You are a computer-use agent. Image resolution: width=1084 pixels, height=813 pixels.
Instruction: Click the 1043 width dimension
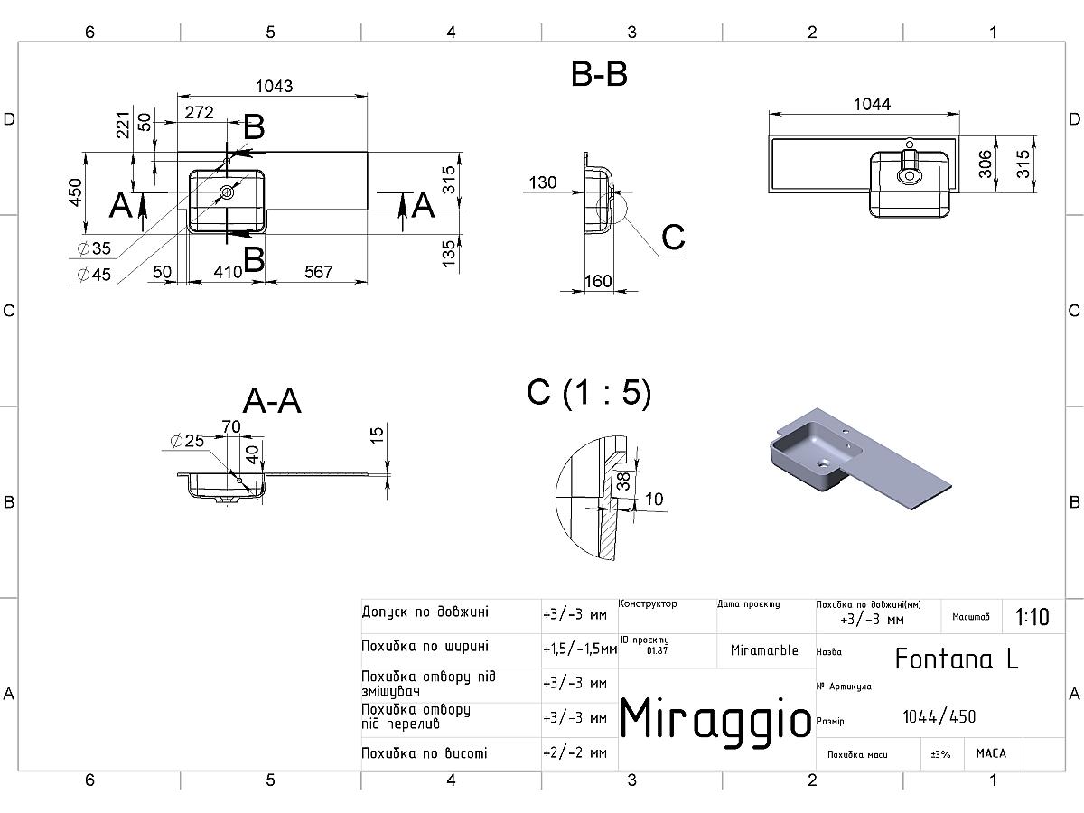[x=274, y=87]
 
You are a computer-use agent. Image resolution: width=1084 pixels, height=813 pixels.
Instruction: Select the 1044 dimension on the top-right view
[x=872, y=104]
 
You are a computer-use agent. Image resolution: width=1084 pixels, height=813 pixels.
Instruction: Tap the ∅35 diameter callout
[x=94, y=248]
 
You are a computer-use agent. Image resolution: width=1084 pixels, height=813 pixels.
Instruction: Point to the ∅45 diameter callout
[x=94, y=275]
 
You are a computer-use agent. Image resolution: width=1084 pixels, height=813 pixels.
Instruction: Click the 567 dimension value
[x=319, y=272]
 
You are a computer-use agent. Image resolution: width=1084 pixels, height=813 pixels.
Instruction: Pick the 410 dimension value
[x=228, y=272]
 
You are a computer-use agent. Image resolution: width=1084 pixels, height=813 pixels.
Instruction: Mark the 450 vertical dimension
[x=75, y=193]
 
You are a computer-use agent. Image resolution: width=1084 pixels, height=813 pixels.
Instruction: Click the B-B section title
[x=599, y=75]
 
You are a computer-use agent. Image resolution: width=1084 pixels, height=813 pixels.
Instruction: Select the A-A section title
[x=272, y=400]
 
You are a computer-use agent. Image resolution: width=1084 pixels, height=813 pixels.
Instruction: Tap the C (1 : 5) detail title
[x=589, y=394]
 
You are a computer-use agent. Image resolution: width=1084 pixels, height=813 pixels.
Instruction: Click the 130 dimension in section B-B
[x=543, y=182]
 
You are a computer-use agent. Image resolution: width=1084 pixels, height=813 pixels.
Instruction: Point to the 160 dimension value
[x=599, y=281]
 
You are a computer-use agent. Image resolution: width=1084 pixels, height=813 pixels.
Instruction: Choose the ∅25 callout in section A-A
[x=187, y=441]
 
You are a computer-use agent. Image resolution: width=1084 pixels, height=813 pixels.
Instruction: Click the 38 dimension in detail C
[x=623, y=481]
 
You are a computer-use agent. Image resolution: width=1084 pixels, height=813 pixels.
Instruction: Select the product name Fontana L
[x=957, y=659]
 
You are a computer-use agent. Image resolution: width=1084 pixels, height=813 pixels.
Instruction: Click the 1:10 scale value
[x=1033, y=617]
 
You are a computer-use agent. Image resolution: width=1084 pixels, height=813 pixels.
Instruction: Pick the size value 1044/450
[x=939, y=716]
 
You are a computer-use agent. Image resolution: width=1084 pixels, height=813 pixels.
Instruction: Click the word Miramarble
[x=764, y=650]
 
